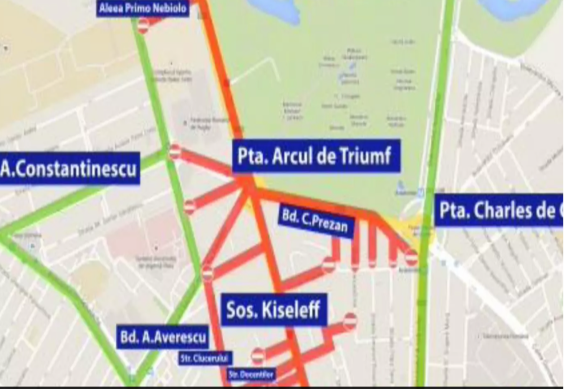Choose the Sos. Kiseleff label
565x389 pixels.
[x=273, y=309]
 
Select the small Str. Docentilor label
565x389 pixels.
[x=251, y=374]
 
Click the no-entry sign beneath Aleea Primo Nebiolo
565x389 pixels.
[x=143, y=25]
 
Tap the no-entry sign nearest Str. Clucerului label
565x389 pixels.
[x=258, y=356]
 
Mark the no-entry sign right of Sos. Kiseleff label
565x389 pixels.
[x=350, y=321]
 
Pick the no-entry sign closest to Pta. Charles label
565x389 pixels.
[x=411, y=258]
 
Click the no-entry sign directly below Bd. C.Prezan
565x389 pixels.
[x=328, y=264]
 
